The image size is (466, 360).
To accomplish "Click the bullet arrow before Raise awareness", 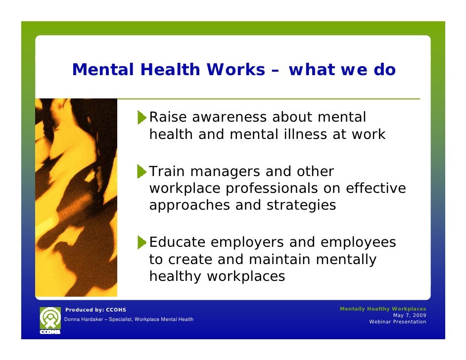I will point(142,118).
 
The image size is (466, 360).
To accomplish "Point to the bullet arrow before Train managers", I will point(142,172).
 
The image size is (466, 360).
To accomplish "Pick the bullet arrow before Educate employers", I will point(142,242).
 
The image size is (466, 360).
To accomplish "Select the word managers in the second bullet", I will point(225,172).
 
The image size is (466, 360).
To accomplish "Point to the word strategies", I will point(301,205).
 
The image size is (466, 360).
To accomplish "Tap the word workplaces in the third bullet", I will point(245,276).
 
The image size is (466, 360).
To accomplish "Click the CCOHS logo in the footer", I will point(49,320).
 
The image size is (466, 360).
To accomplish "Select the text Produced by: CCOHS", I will point(96,310).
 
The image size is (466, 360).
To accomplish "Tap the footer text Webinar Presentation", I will point(397,322).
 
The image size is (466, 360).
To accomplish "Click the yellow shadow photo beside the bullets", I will point(76,198).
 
